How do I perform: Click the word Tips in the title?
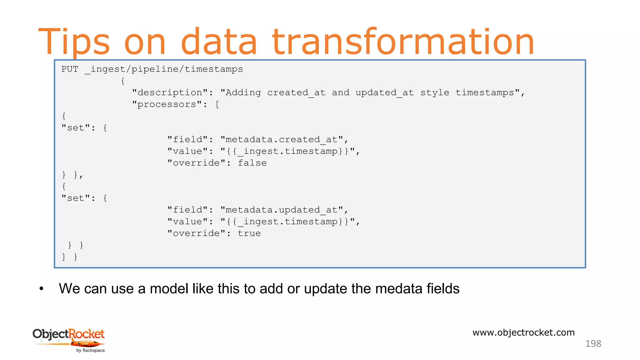pos(74,42)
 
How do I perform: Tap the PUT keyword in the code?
pos(70,69)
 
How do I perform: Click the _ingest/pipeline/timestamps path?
pos(163,69)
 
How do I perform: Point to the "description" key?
pos(170,93)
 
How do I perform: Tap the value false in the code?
pos(252,163)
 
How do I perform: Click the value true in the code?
pos(249,233)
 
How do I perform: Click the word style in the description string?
pos(434,93)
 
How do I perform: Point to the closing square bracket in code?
pos(63,257)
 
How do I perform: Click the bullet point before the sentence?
pos(41,289)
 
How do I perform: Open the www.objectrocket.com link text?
pos(523,332)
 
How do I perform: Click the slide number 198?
pos(593,344)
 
